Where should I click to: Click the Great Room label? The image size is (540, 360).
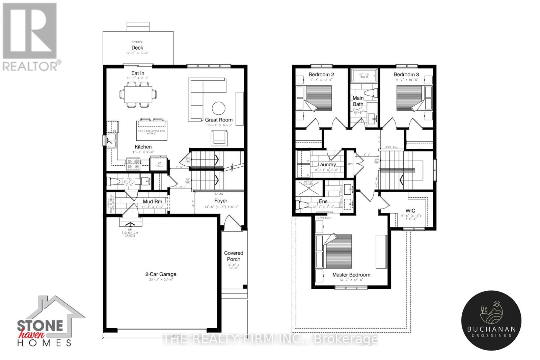(219, 120)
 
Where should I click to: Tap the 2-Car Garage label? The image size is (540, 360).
(161, 274)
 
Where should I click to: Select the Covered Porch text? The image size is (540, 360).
(234, 256)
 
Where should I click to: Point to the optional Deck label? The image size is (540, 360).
(137, 48)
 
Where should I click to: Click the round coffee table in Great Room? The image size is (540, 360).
(218, 108)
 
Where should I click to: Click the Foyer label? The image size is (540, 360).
(221, 201)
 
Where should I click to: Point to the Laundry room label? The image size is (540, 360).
(326, 165)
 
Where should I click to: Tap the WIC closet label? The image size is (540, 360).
(410, 211)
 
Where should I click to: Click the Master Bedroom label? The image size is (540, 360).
(351, 275)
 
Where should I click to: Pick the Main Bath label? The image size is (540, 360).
(358, 101)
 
